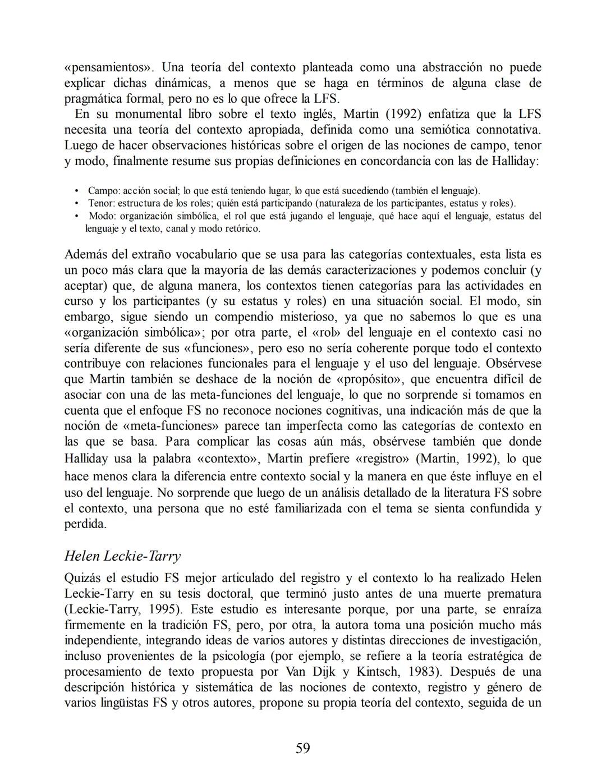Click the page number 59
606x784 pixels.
[302, 748]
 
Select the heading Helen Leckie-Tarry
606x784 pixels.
[122, 556]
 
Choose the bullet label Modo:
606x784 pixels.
[103, 216]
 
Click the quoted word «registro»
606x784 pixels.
[383, 459]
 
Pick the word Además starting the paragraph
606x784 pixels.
[87, 254]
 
